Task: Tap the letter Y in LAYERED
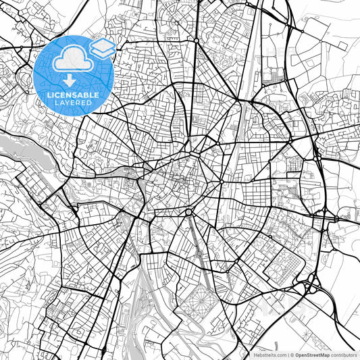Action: (x=62, y=104)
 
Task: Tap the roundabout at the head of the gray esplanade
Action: (x=189, y=212)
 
